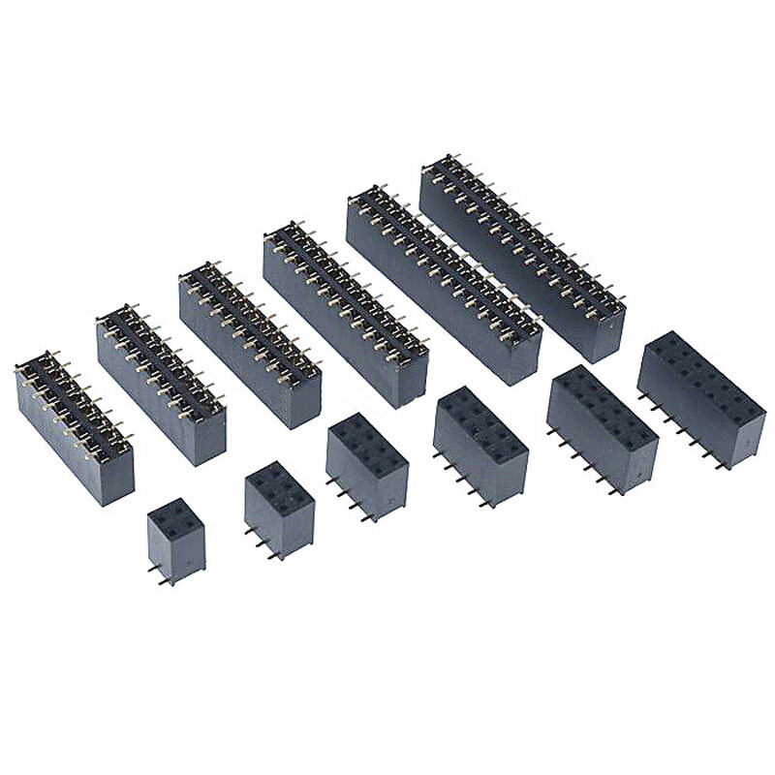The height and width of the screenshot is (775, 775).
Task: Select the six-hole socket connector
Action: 279,506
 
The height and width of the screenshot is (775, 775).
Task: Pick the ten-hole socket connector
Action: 480,444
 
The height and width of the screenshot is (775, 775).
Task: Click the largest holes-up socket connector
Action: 700,397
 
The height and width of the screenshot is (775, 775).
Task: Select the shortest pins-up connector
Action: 75,426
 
